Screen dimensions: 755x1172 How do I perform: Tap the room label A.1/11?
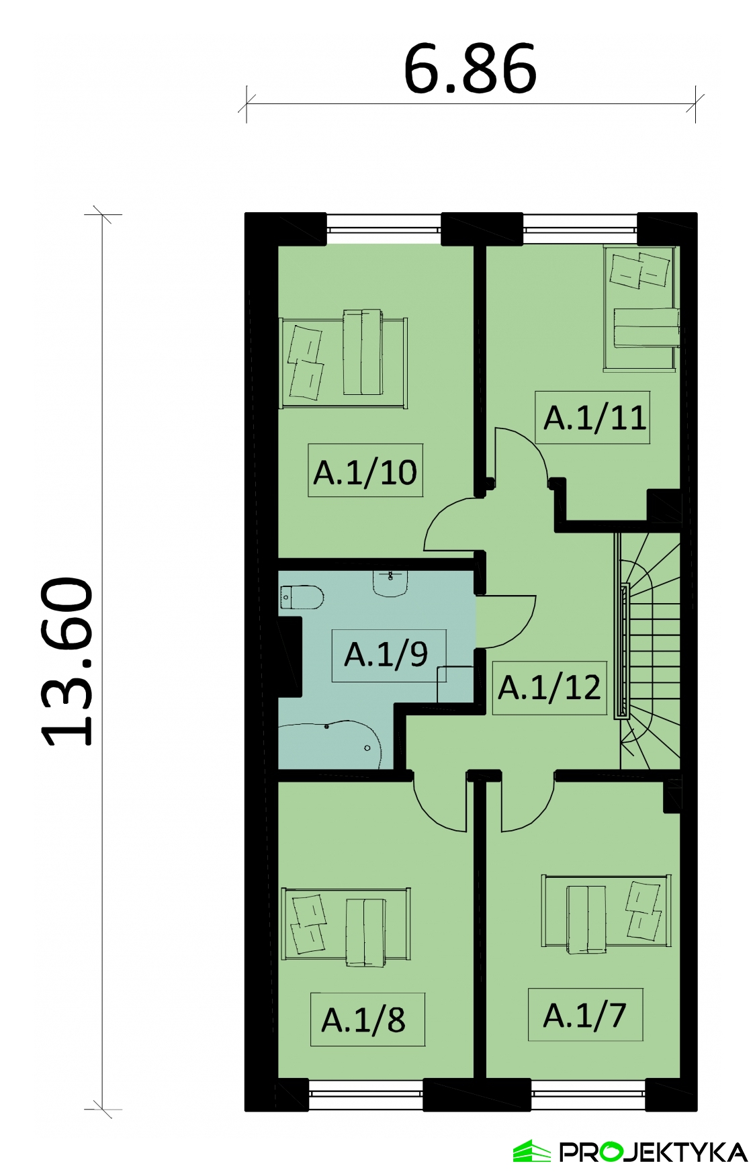tap(594, 418)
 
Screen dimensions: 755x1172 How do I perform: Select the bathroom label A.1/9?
tap(386, 655)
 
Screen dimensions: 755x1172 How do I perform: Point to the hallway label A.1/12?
tap(549, 688)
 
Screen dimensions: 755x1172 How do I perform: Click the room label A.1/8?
tap(363, 1020)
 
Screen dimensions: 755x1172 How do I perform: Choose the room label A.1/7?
tap(584, 1016)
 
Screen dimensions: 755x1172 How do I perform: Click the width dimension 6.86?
tap(470, 69)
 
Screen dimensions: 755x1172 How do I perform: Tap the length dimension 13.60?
tap(67, 662)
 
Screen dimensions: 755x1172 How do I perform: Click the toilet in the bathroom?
tap(302, 597)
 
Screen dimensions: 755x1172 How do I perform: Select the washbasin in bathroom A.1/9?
tap(390, 583)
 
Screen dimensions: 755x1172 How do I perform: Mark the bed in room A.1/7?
tap(606, 912)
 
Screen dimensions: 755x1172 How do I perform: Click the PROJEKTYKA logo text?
tap(654, 1152)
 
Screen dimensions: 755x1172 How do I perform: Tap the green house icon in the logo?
tap(532, 1151)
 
